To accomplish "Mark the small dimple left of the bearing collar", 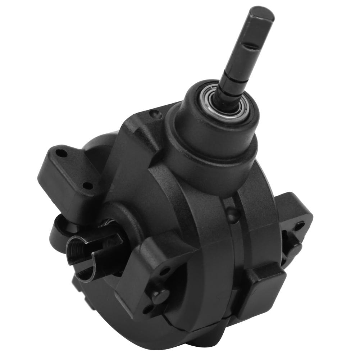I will [155, 114].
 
